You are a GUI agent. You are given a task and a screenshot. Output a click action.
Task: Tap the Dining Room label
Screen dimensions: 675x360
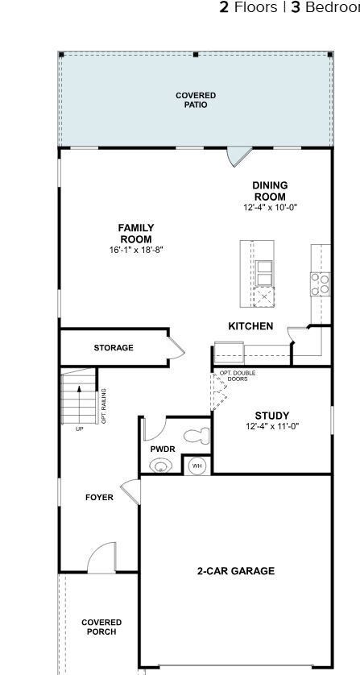click(270, 191)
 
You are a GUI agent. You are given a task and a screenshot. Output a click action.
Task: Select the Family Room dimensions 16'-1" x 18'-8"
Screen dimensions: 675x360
click(136, 251)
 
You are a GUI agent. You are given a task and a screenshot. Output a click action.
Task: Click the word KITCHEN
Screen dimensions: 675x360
click(250, 326)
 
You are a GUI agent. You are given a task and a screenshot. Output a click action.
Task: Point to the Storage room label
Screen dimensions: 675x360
click(114, 348)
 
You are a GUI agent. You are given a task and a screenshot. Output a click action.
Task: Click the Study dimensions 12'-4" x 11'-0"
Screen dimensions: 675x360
click(272, 426)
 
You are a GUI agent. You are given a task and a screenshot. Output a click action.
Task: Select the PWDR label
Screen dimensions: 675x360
click(161, 449)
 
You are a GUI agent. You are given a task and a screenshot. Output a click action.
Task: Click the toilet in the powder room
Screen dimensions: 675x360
click(197, 437)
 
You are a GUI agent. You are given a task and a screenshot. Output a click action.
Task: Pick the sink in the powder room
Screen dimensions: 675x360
click(161, 465)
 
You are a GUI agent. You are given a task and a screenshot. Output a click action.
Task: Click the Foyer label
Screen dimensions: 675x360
click(99, 498)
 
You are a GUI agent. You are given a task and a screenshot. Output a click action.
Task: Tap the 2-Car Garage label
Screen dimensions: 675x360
click(236, 571)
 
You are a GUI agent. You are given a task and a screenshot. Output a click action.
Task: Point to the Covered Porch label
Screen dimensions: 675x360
click(101, 627)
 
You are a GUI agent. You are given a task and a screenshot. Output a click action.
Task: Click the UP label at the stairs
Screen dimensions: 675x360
click(79, 429)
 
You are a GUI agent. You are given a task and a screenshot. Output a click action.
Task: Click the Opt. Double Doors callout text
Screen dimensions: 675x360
click(238, 376)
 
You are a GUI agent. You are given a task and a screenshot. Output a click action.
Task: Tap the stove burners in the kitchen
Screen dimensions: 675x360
click(320, 282)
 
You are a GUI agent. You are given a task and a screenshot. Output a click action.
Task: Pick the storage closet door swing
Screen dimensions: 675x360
click(176, 348)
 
